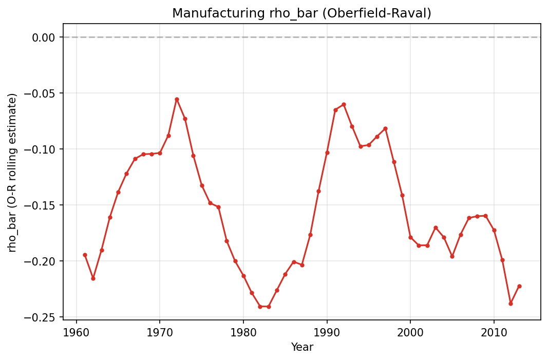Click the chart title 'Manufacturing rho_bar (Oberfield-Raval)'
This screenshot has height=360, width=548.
click(x=301, y=13)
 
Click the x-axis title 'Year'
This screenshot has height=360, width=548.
click(x=301, y=348)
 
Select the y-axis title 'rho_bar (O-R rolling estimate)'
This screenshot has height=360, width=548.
click(x=12, y=173)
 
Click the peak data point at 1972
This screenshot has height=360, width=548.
click(x=177, y=99)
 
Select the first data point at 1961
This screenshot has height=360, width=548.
click(x=85, y=255)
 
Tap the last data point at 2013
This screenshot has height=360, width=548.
click(x=519, y=286)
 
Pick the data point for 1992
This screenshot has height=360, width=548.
click(x=344, y=104)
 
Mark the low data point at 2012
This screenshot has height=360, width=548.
click(x=511, y=304)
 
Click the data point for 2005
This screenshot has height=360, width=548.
click(x=452, y=256)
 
